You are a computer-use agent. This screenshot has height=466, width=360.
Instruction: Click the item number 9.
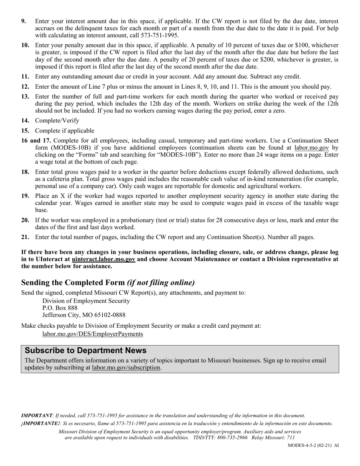[x=24, y=22]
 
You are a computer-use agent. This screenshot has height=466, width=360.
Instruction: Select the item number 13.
[x=25, y=97]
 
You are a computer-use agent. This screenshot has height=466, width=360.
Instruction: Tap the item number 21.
[x=25, y=238]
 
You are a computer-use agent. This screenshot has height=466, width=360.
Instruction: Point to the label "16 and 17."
[x=36, y=141]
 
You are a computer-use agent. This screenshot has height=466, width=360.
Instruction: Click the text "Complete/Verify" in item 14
[x=57, y=120]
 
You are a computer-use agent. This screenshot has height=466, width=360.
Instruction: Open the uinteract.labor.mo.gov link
[x=103, y=260]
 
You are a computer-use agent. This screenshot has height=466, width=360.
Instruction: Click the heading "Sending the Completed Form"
[x=73, y=283]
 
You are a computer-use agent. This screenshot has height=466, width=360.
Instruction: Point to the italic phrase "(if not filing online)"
[x=161, y=283]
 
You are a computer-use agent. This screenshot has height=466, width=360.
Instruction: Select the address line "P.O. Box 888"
[x=60, y=308]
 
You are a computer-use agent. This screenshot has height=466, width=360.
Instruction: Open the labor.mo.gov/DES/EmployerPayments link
[x=92, y=334]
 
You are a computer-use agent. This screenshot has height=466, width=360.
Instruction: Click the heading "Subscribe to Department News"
[x=86, y=350]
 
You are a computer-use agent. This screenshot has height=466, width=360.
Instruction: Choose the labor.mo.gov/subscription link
[x=126, y=367]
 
